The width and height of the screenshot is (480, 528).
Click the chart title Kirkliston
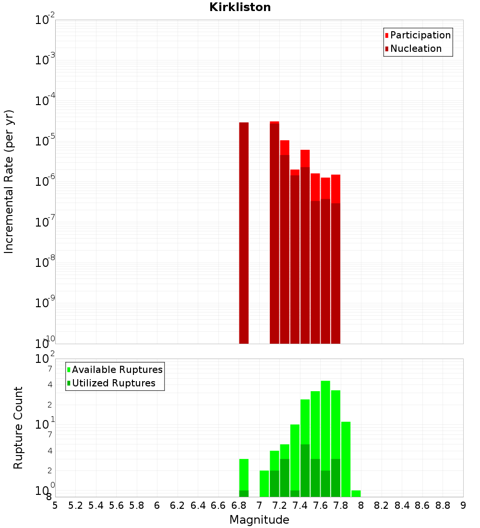240,8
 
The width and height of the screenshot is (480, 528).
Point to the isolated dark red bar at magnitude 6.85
244,233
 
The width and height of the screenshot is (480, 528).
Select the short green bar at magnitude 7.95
356,493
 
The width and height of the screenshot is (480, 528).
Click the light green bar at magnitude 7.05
264,483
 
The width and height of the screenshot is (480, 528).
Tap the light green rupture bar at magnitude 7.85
346,459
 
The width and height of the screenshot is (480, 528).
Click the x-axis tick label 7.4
300,505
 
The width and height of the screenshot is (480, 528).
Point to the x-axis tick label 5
55,505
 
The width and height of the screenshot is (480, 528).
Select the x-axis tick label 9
463,505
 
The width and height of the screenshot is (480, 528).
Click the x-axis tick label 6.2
178,505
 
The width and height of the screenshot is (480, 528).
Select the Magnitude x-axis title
259,520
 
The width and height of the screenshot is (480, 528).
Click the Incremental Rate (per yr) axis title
9,181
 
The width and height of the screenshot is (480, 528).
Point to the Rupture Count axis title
18,428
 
